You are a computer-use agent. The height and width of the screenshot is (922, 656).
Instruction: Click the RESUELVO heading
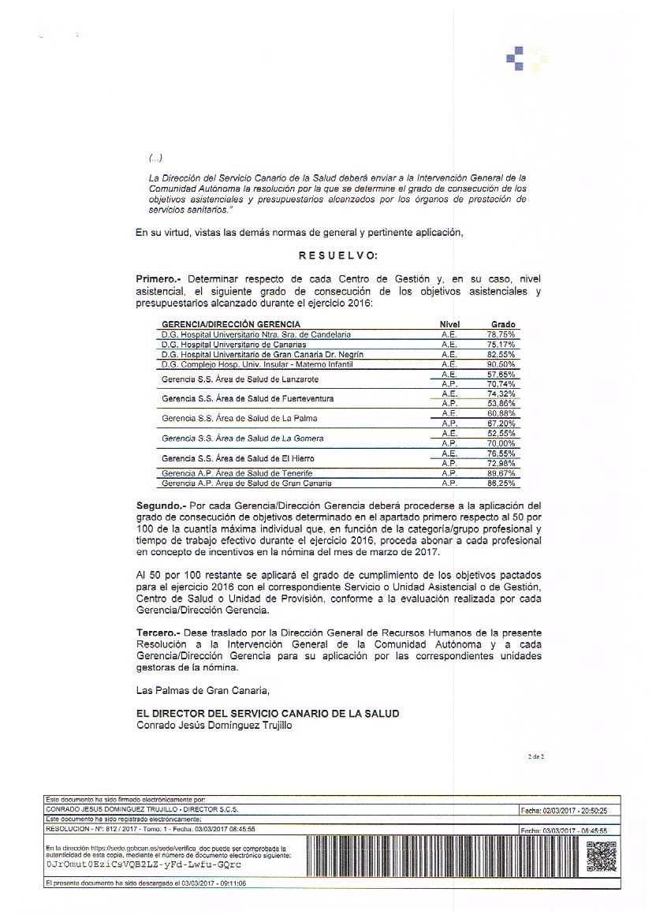pos(338,256)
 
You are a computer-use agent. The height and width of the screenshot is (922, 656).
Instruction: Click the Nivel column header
pos(449,324)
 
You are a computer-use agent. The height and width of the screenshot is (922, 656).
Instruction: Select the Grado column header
pos(503,324)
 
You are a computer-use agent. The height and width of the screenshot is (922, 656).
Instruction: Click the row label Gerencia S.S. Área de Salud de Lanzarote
pos(240,379)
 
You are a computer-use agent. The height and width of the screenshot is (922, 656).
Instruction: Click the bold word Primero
pos(158,279)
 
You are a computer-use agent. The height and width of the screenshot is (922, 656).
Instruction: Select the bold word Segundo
pos(161,505)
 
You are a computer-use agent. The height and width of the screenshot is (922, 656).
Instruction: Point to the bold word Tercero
pos(158,633)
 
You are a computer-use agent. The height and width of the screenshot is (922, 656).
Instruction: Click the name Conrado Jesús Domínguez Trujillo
pos(214,726)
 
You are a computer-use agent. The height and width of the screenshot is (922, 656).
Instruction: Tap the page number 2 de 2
pos(536,757)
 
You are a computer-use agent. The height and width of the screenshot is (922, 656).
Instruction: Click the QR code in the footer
pos(602,857)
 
